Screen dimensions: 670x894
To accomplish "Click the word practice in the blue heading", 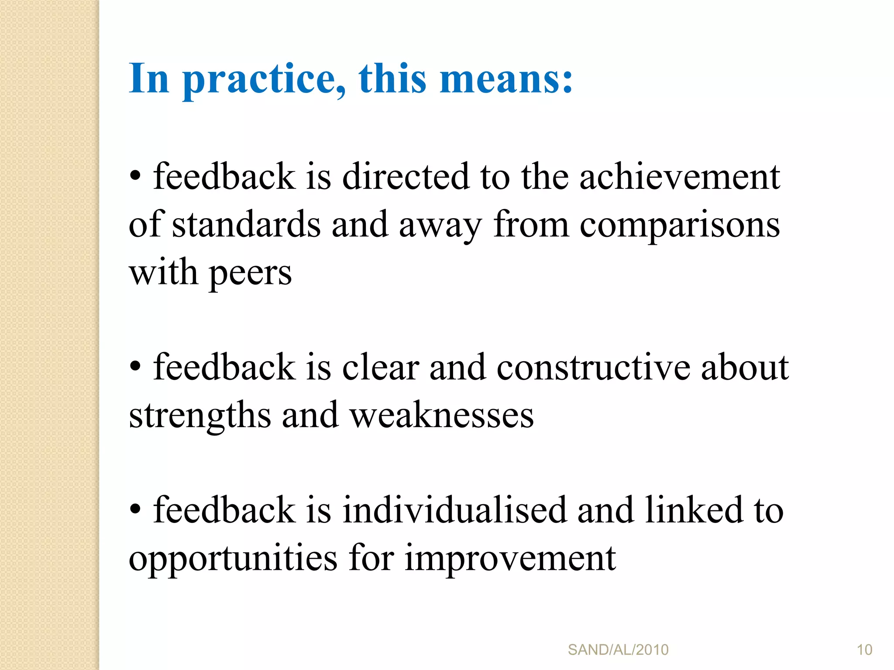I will tap(265, 79).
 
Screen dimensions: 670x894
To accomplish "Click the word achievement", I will tap(679, 177).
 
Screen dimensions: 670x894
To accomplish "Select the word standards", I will tap(246, 225).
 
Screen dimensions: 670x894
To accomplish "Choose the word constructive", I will tap(593, 368).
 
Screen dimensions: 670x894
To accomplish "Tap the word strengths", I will tap(200, 416).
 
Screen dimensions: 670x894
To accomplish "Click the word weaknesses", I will tap(442, 416).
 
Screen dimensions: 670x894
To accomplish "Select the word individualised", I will tap(454, 510).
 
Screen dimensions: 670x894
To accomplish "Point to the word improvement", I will tap(510, 558).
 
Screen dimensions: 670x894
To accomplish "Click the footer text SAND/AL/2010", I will tap(618, 650).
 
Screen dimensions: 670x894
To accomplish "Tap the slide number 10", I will tap(864, 650).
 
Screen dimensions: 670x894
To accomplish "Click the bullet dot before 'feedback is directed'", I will tap(135, 176).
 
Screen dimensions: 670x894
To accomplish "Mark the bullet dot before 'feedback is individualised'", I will tap(135, 509).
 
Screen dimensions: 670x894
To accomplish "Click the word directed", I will tap(406, 177).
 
